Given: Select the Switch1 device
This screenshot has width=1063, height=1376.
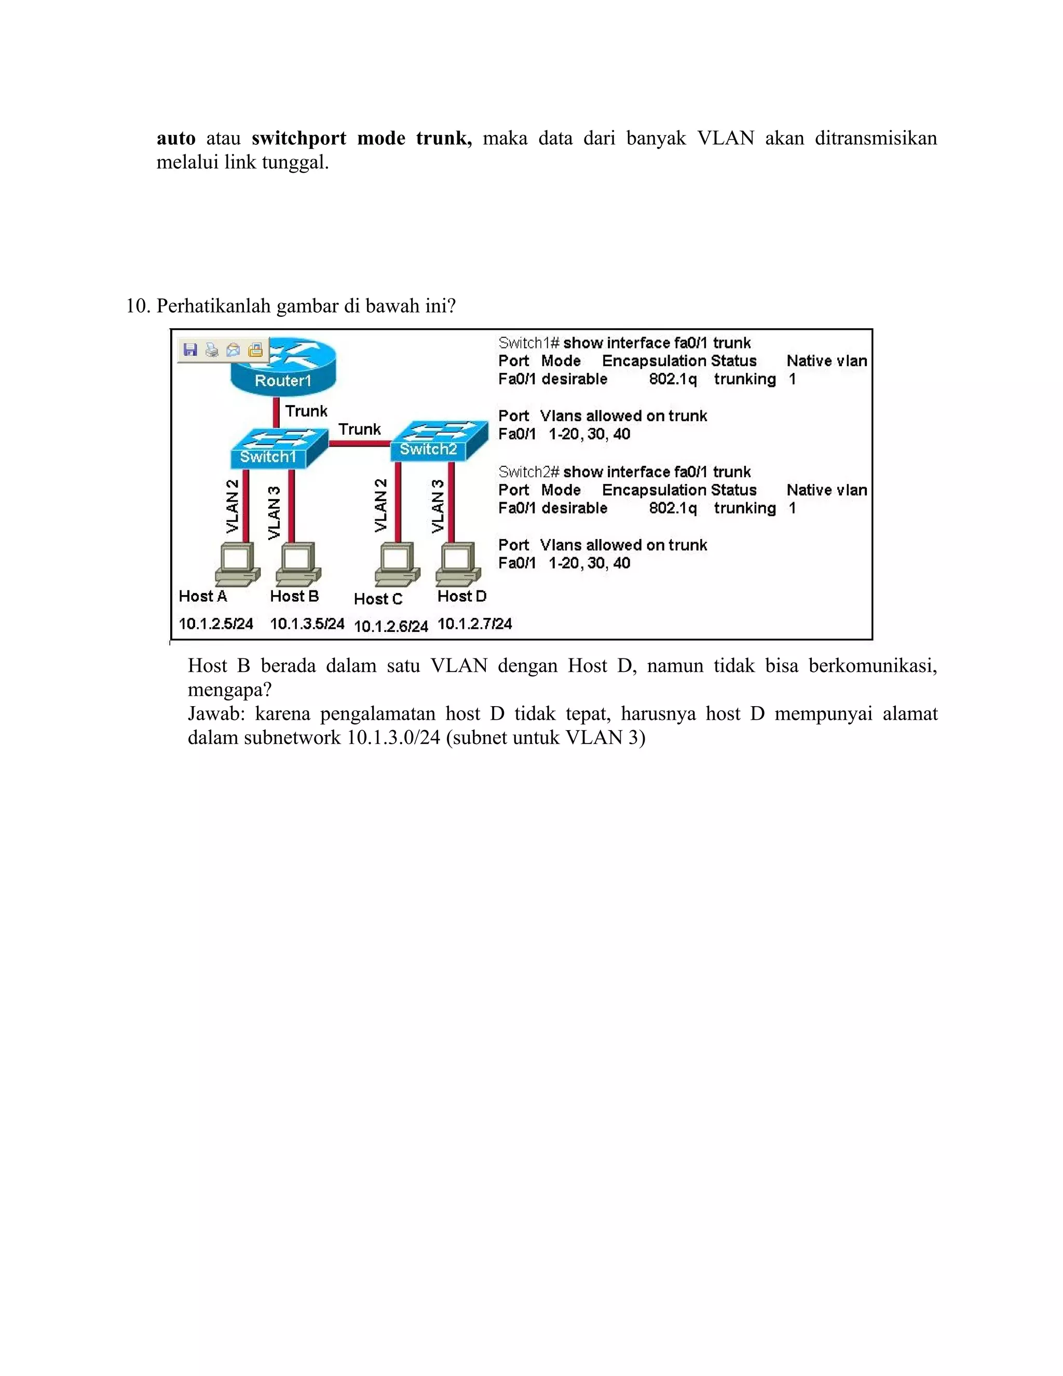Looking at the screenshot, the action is pos(277,449).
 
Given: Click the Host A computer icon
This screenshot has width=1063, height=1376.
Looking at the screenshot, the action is pos(237,563).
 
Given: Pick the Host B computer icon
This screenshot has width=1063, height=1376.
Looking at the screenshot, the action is pos(298,563).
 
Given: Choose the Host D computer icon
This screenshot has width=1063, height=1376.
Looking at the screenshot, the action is pos(458,563).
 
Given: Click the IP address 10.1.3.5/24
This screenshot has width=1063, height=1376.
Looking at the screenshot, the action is pos(307,624).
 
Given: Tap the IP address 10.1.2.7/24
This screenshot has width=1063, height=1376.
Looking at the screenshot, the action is pos(474,624).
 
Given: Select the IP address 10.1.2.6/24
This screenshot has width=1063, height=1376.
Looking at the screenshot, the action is pos(390,626).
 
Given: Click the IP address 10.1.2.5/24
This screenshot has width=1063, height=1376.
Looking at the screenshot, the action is pos(215,624).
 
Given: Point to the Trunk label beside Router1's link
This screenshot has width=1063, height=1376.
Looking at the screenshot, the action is pos(306,411).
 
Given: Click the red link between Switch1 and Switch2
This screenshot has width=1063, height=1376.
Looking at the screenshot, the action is pos(359,443).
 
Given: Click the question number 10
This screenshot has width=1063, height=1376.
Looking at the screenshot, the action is pos(137,306).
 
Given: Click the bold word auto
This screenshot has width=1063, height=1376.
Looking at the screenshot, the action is pos(176,138).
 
